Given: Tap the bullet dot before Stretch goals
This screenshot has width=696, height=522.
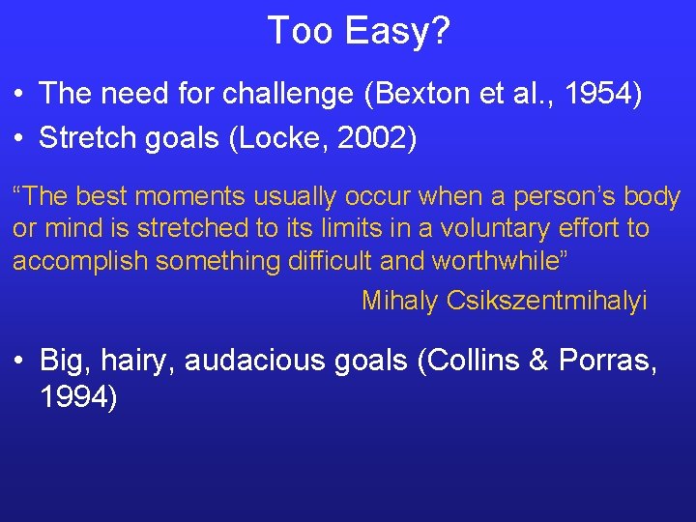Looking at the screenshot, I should click(19, 139).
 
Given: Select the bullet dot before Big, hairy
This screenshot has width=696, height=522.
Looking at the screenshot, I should click(19, 362).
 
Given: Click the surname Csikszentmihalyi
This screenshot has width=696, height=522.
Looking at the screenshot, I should click(546, 301).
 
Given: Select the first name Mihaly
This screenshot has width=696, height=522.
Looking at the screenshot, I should click(400, 301).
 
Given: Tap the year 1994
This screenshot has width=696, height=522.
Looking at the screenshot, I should click(77, 396).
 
